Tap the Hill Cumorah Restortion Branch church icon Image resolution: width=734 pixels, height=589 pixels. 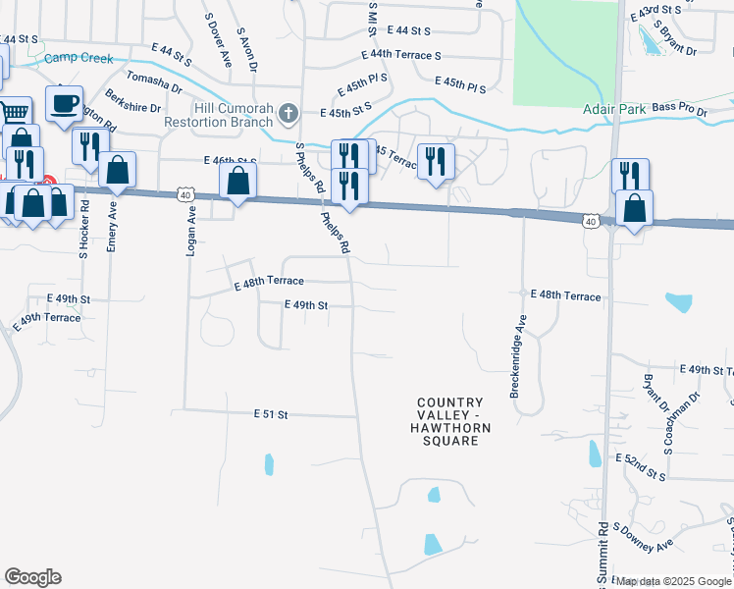coord(288,114)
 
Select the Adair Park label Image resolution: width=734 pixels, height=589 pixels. coord(613,109)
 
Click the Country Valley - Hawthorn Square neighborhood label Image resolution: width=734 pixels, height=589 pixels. coord(450,422)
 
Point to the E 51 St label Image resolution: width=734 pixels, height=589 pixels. coord(270,415)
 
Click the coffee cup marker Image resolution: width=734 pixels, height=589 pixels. coord(65,103)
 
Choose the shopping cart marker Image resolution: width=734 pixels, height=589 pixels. coord(12,111)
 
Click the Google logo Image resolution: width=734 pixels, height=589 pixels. coord(32,577)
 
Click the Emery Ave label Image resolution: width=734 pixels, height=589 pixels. coord(112,227)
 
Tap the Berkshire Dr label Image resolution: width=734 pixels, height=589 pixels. coord(134,106)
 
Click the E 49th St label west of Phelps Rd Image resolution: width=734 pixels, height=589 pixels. coord(304,305)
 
